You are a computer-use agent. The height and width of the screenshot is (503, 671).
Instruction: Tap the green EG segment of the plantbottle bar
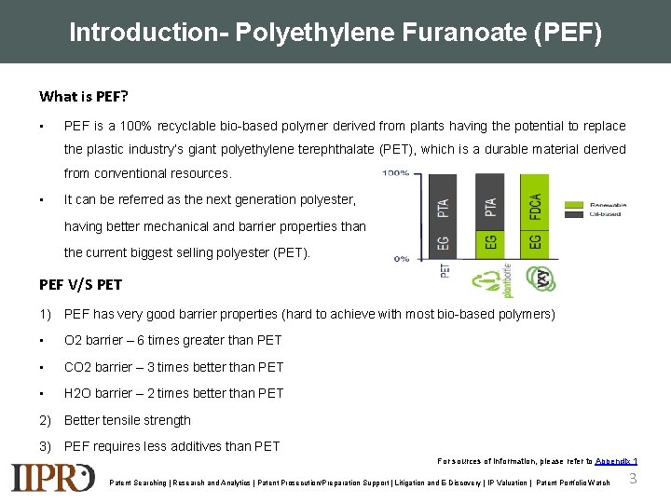(490, 244)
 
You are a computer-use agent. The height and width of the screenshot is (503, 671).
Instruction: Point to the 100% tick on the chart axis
(396, 173)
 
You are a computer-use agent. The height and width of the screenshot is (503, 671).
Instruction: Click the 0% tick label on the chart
(401, 259)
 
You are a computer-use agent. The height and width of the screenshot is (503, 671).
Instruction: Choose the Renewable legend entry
(607, 205)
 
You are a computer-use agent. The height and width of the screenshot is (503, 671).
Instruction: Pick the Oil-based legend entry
(607, 214)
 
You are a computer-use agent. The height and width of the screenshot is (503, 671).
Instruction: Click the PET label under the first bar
(444, 271)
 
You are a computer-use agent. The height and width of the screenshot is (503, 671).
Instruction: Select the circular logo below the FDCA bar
(537, 278)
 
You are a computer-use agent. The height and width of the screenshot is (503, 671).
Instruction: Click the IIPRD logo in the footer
(52, 477)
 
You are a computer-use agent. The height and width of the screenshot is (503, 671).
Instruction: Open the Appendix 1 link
(616, 461)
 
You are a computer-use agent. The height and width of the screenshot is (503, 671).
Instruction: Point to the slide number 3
(633, 479)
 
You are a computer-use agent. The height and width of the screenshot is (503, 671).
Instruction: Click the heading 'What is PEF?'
(84, 96)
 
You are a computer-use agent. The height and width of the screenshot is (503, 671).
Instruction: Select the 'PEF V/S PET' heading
(80, 284)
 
